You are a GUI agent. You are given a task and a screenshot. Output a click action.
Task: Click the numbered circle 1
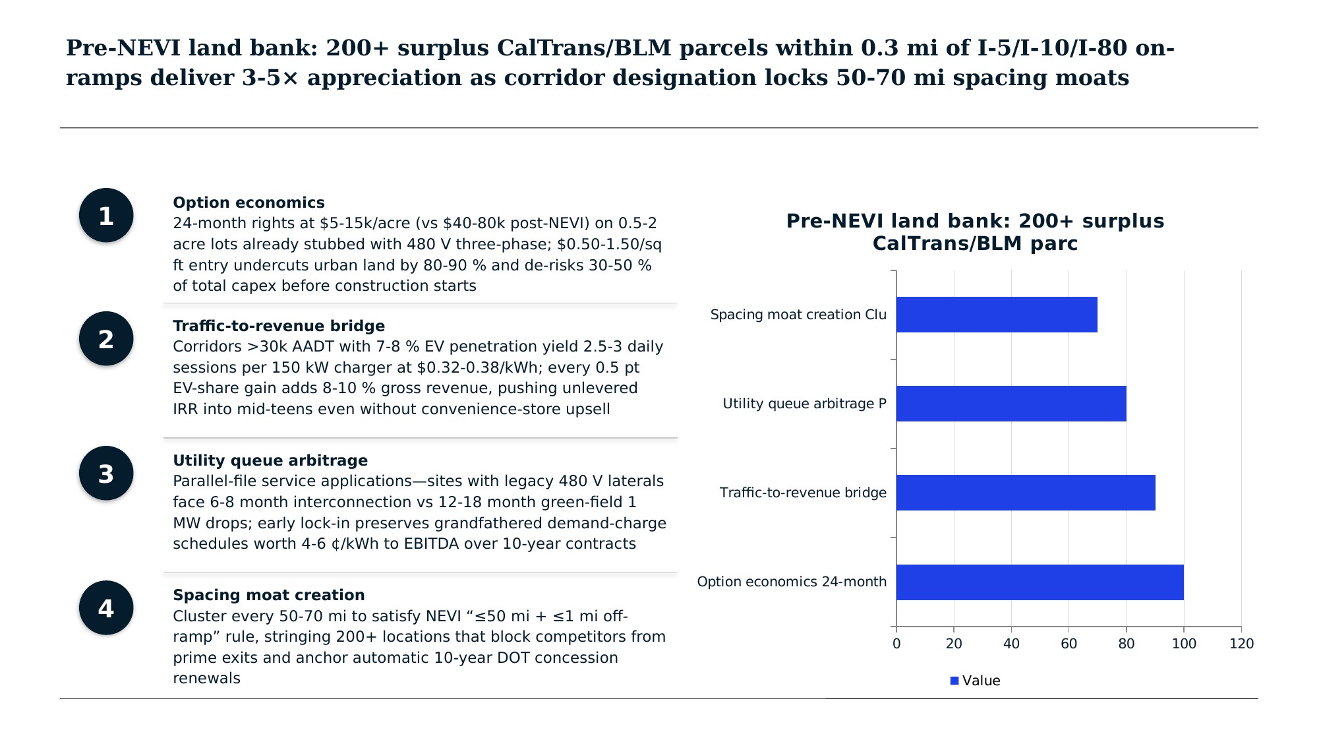click(106, 216)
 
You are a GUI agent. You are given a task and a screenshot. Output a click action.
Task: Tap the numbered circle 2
click(106, 339)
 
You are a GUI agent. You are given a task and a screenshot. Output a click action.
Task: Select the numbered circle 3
click(106, 474)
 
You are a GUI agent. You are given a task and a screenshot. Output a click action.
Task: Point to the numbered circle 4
click(106, 608)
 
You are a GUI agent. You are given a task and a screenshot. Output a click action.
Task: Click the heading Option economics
click(249, 202)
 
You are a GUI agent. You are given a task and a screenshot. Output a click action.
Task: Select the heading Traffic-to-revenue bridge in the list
click(279, 326)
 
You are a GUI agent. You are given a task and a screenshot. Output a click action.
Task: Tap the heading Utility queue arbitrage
click(270, 460)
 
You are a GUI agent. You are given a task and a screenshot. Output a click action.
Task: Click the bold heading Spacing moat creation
click(268, 595)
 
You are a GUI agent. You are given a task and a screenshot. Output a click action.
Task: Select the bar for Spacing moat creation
click(997, 315)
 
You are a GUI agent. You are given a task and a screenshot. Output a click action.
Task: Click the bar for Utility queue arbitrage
click(1011, 404)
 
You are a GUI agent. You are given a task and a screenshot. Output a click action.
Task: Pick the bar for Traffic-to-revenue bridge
click(1026, 493)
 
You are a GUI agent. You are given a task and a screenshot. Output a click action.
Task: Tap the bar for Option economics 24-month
click(1040, 582)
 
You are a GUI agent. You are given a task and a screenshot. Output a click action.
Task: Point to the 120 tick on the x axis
click(1241, 644)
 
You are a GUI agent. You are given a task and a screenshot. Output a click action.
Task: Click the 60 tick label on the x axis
click(1069, 644)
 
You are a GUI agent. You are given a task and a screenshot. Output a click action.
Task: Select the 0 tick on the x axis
click(896, 644)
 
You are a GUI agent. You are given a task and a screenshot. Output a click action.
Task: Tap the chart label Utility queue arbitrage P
click(804, 404)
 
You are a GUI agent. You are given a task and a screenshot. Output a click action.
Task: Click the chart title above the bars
click(975, 232)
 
